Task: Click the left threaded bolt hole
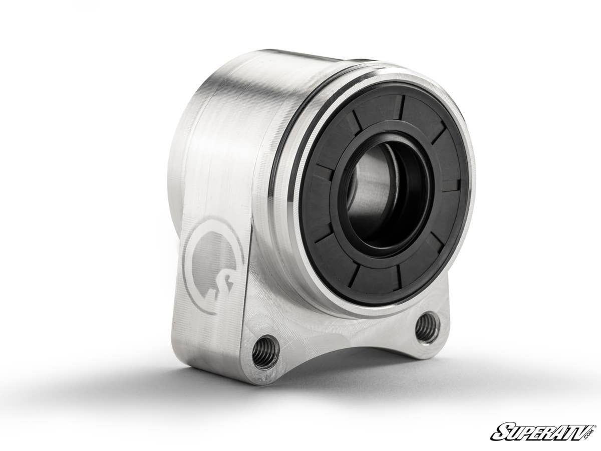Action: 265,352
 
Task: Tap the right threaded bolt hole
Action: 427,327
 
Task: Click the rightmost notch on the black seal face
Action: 450,185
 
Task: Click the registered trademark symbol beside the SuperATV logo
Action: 594,426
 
